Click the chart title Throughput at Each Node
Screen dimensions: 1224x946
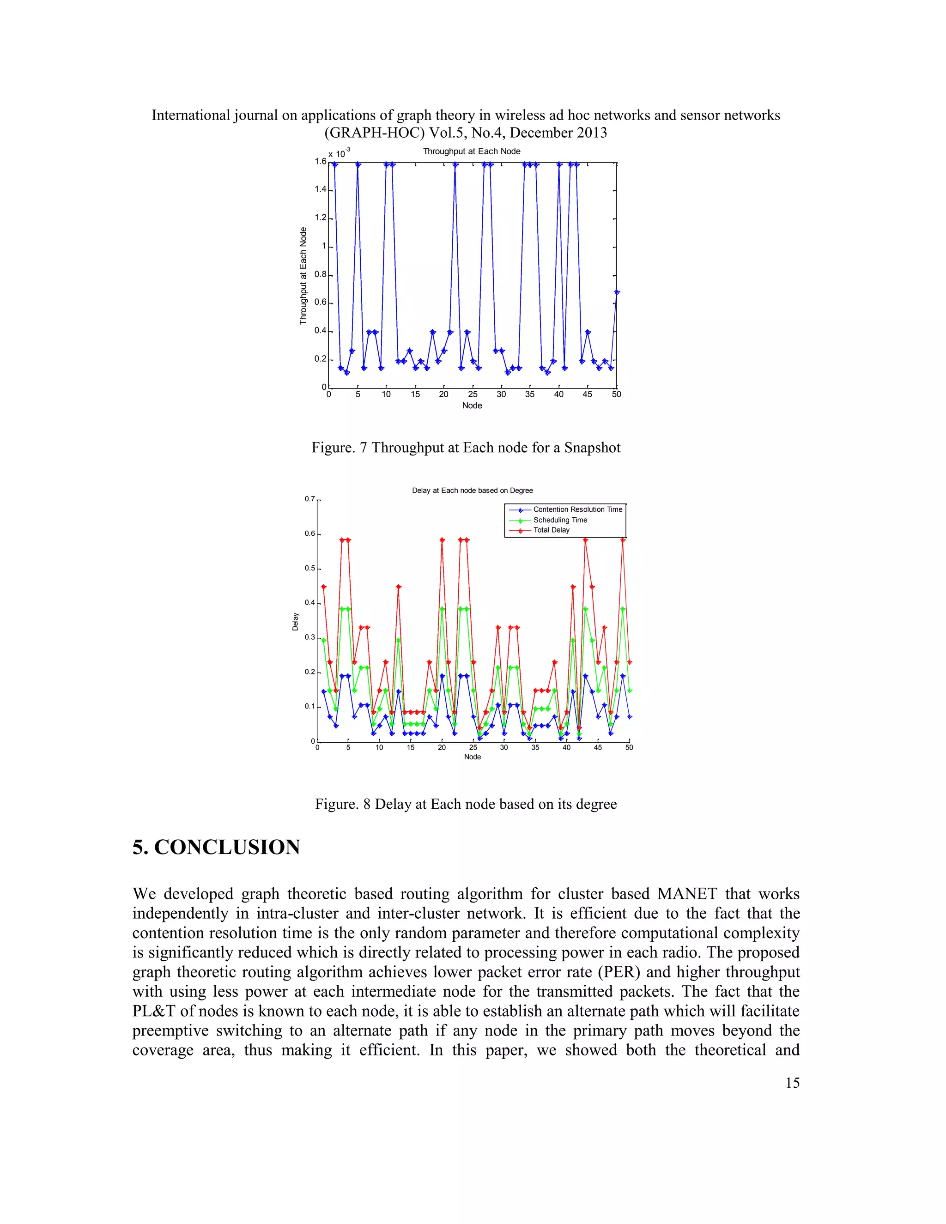click(471, 151)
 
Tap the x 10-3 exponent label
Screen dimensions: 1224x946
click(339, 153)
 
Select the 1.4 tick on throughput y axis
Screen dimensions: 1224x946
click(320, 189)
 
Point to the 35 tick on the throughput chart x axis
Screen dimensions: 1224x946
click(530, 394)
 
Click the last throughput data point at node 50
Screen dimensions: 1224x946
click(617, 292)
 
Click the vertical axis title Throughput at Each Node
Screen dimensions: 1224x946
click(303, 276)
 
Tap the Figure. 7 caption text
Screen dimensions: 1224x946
click(466, 448)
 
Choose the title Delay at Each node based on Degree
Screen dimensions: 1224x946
click(472, 491)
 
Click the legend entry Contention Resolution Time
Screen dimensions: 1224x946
click(577, 509)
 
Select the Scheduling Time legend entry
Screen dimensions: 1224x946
click(560, 520)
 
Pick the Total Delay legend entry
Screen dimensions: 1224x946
click(551, 530)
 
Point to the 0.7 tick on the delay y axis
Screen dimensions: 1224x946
click(310, 499)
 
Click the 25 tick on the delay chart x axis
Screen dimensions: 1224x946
click(473, 748)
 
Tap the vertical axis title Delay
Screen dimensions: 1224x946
click(295, 621)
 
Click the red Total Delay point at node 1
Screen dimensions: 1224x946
click(323, 587)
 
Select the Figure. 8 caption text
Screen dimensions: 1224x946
click(466, 804)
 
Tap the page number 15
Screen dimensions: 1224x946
click(792, 1083)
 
